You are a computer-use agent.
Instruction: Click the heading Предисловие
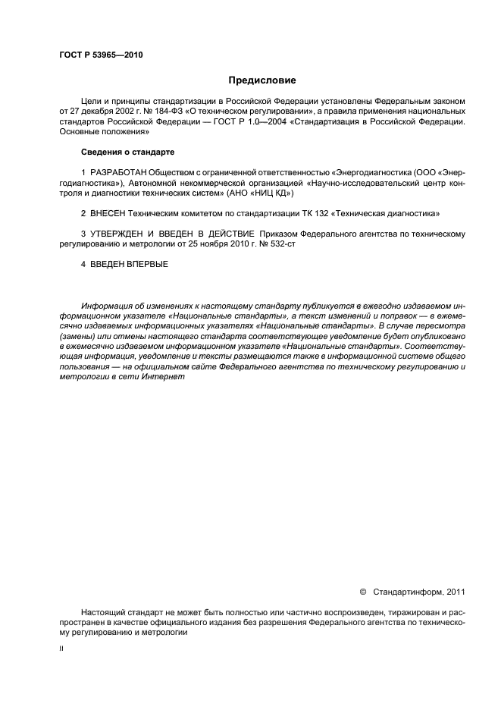pos(263,80)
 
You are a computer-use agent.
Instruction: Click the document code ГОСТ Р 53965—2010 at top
pos(101,55)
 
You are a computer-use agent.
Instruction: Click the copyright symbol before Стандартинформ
pos(362,592)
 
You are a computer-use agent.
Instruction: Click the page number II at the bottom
pos(61,649)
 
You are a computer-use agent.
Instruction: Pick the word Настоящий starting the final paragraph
pos(102,611)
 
